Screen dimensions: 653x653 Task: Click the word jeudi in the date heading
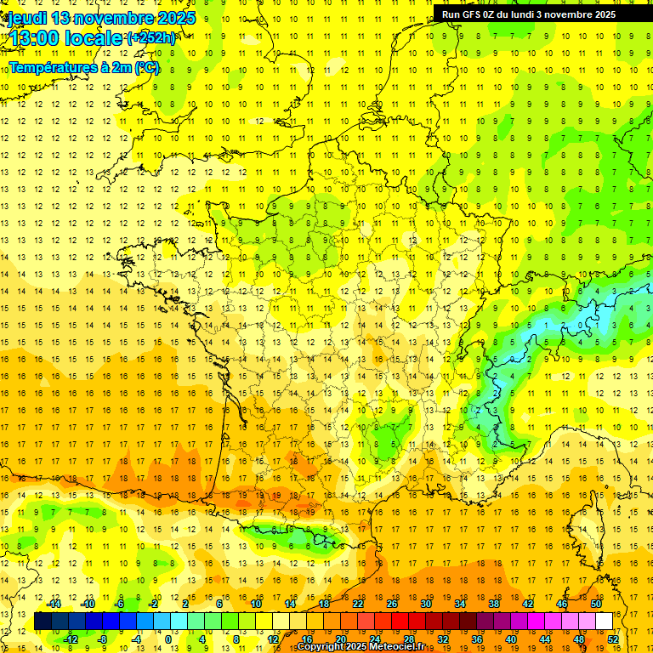point(26,18)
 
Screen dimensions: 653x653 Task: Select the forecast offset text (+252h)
point(151,38)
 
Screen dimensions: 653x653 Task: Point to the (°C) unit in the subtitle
point(146,67)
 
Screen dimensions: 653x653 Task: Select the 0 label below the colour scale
point(168,639)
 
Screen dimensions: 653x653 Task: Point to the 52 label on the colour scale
point(613,639)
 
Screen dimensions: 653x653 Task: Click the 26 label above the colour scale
point(392,604)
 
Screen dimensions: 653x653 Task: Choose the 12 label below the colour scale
point(273,639)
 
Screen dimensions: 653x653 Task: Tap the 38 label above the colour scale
point(494,604)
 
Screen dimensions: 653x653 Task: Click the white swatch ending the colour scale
point(605,622)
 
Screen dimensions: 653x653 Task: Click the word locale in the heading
point(93,38)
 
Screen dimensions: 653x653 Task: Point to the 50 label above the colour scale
point(596,604)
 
